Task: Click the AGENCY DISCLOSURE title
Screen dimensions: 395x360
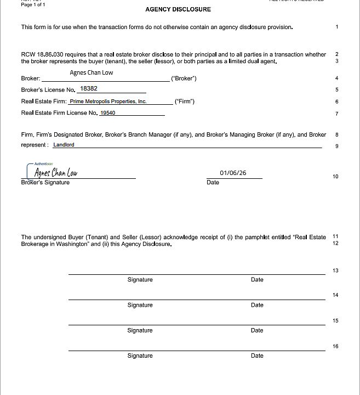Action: coord(178,9)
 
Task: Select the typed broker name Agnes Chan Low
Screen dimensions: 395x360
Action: coord(92,72)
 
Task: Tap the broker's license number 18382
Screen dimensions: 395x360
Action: coord(89,88)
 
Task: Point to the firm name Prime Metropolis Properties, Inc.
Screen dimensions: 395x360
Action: coord(108,101)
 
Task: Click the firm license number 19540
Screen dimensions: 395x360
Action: coord(108,113)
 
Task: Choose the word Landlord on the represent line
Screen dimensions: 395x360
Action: coord(64,145)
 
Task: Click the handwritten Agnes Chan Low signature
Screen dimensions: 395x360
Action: coord(56,172)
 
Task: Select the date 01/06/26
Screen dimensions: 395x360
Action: coord(233,173)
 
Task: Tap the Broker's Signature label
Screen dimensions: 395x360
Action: coord(45,183)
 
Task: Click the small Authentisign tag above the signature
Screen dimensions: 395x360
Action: coord(42,163)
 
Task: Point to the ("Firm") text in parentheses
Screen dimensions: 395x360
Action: coord(184,101)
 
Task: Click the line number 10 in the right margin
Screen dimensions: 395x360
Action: coord(335,177)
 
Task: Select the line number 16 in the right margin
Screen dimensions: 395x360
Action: coord(335,346)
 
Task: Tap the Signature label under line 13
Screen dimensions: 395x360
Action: coord(140,280)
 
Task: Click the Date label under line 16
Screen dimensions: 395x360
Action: coord(257,356)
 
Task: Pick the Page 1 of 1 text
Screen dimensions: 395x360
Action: coord(33,4)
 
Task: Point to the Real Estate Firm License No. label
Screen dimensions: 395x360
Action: coord(59,113)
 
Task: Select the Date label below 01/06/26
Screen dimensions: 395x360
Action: coord(213,183)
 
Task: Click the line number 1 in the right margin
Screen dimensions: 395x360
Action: coord(337,27)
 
